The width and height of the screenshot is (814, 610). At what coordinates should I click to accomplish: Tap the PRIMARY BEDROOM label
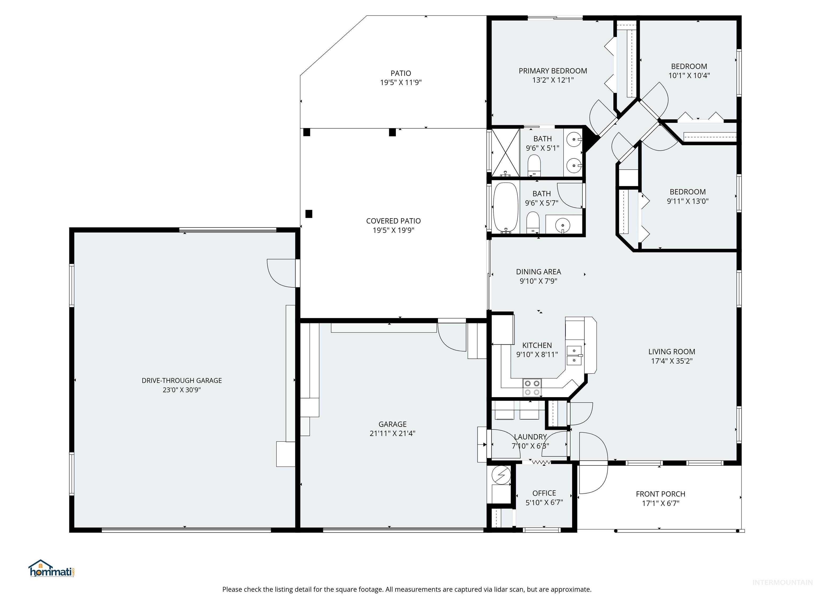[x=553, y=71]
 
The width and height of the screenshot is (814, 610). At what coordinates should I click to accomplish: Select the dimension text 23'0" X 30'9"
[x=182, y=390]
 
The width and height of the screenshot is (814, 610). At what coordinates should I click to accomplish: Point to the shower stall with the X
[x=506, y=152]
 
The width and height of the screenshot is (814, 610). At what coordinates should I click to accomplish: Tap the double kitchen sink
[x=574, y=355]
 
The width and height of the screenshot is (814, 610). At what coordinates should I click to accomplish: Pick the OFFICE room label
[x=544, y=493]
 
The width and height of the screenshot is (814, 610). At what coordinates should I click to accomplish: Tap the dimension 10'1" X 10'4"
[x=689, y=75]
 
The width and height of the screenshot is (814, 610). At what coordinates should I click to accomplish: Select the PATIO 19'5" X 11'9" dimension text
[x=401, y=82]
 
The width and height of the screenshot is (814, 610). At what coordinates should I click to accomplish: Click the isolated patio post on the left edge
[x=309, y=214]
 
